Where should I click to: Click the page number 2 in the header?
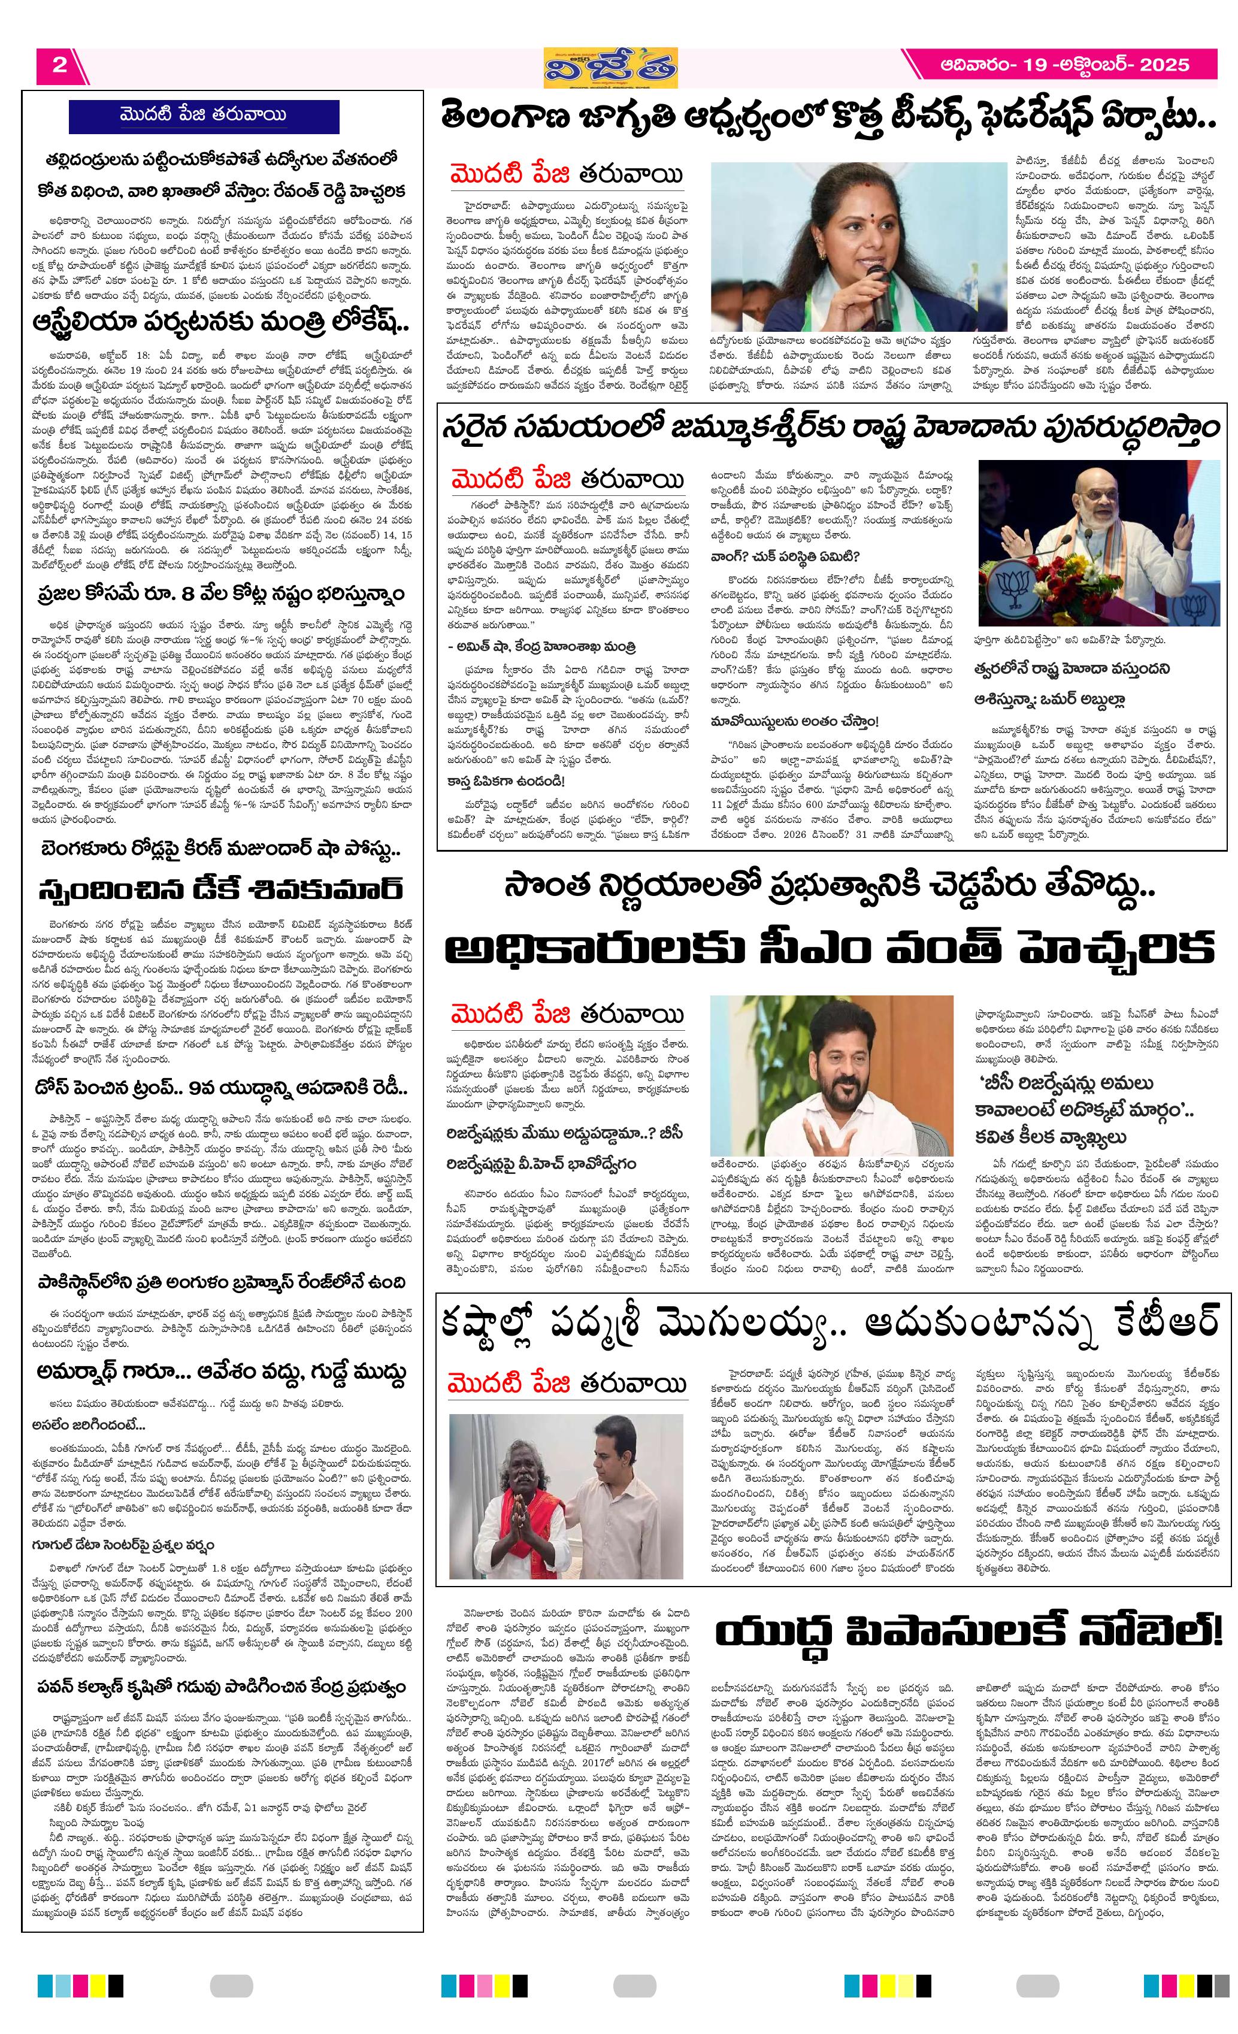coord(59,65)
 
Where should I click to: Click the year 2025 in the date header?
coord(1164,65)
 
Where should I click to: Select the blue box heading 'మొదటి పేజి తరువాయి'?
coord(203,115)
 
